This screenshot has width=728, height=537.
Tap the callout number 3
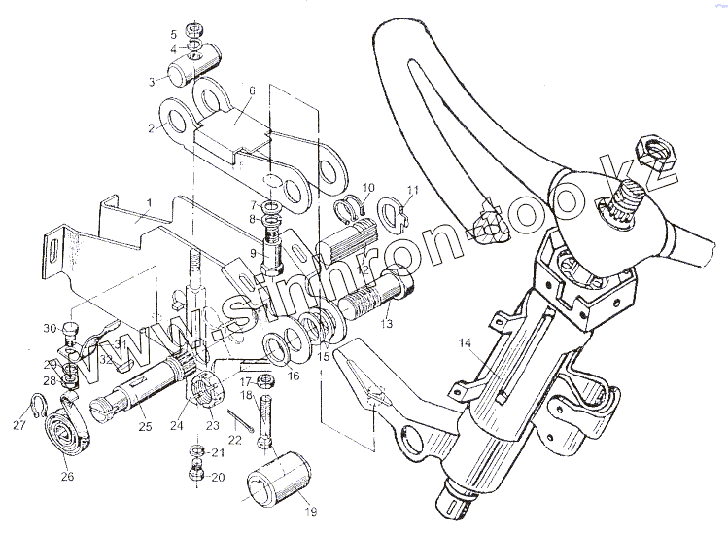153,82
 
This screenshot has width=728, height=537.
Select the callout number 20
218,477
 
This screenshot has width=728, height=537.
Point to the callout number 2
152,127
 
